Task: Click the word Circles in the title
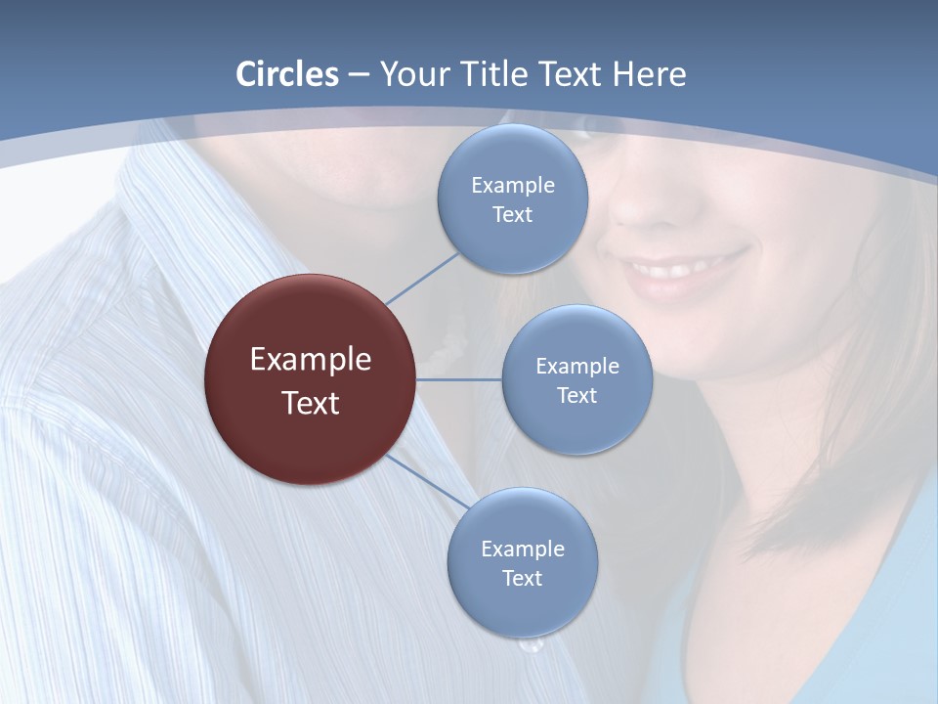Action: pyautogui.click(x=287, y=74)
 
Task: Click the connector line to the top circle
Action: pyautogui.click(x=422, y=278)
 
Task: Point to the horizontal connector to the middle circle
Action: pyautogui.click(x=458, y=379)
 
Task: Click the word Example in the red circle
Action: pyautogui.click(x=310, y=360)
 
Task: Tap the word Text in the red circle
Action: pyautogui.click(x=310, y=403)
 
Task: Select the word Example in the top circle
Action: pyautogui.click(x=513, y=186)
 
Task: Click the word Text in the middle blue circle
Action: pyautogui.click(x=576, y=395)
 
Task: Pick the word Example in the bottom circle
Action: pyautogui.click(x=523, y=549)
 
